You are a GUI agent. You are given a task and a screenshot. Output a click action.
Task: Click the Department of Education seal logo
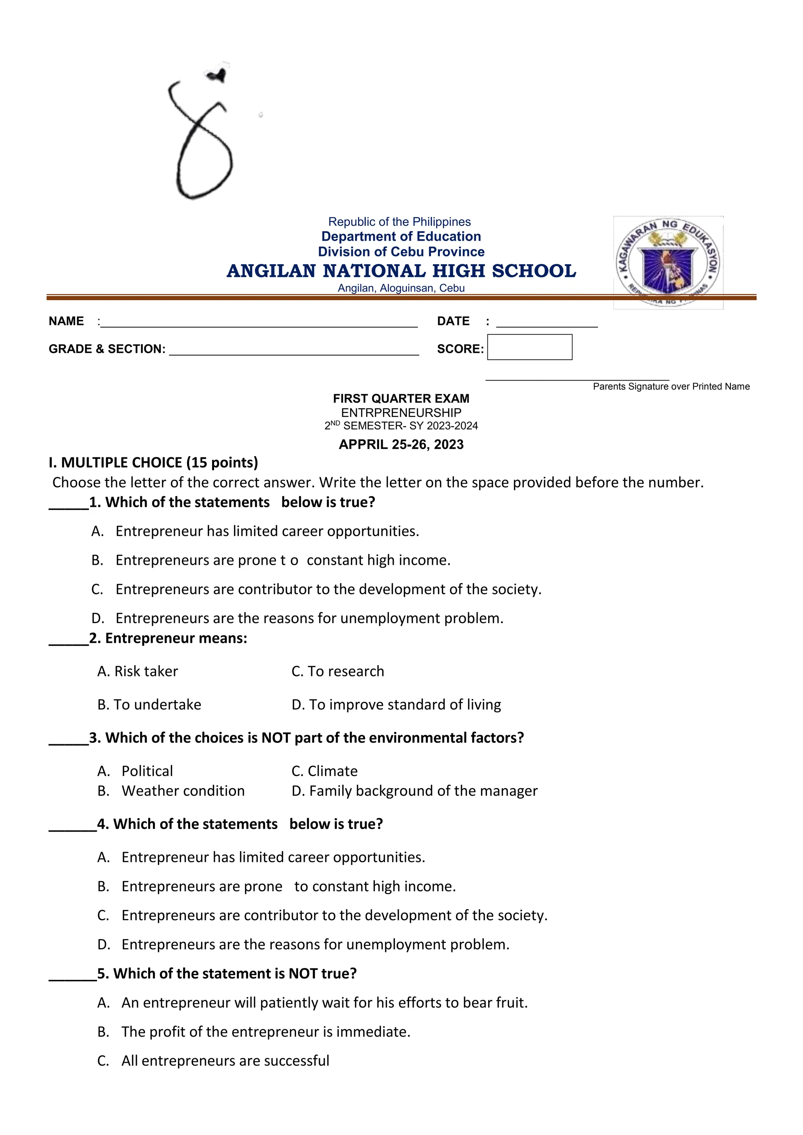pyautogui.click(x=668, y=263)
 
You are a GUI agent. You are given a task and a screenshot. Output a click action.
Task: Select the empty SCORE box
pyautogui.click(x=530, y=347)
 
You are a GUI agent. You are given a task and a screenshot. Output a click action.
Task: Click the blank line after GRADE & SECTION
pyautogui.click(x=294, y=352)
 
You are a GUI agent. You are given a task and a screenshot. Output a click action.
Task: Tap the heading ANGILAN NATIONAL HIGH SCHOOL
pyautogui.click(x=401, y=271)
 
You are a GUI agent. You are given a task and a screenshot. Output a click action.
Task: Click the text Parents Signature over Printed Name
pyautogui.click(x=671, y=386)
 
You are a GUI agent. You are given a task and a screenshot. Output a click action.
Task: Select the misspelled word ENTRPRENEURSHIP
pyautogui.click(x=401, y=413)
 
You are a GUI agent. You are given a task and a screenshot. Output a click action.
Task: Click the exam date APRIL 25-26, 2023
pyautogui.click(x=401, y=444)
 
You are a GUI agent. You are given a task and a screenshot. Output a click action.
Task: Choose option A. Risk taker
pyautogui.click(x=138, y=671)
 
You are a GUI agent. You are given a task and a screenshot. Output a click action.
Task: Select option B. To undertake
pyautogui.click(x=149, y=704)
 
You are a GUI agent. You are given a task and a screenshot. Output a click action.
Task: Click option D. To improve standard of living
pyautogui.click(x=396, y=704)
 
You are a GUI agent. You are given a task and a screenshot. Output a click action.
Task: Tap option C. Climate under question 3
pyautogui.click(x=324, y=771)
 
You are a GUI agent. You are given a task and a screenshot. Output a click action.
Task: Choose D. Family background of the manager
pyautogui.click(x=414, y=791)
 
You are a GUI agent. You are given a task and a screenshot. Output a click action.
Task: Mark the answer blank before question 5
pyautogui.click(x=72, y=975)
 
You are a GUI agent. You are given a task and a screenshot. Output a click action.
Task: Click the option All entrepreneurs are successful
pyautogui.click(x=225, y=1061)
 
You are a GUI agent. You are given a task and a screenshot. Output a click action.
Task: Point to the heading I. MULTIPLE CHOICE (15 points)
pyautogui.click(x=153, y=463)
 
